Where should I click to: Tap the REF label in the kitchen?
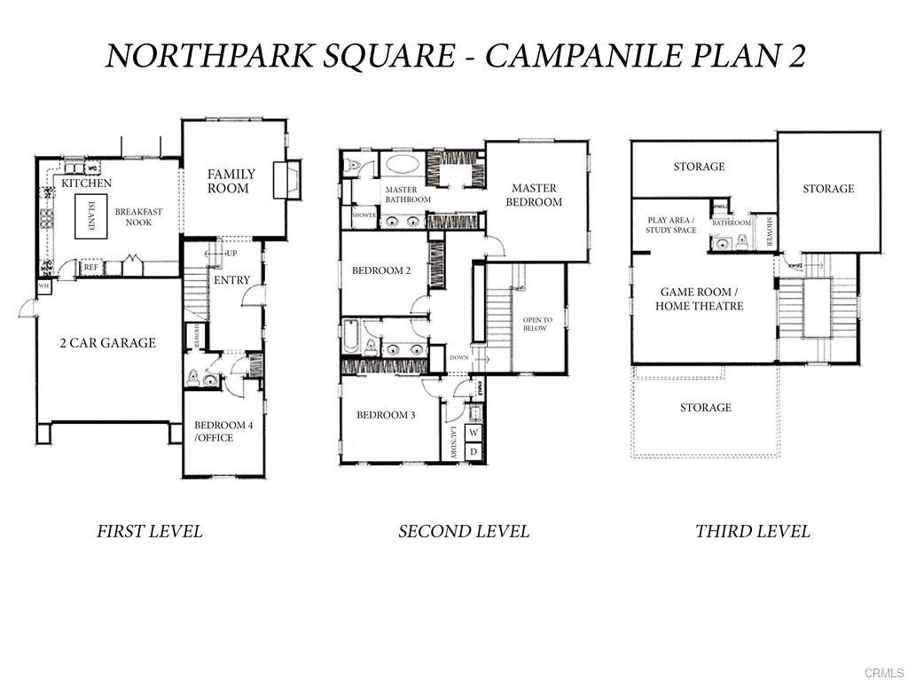click(x=90, y=267)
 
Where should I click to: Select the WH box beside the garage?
click(x=43, y=286)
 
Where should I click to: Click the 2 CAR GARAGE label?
click(x=107, y=343)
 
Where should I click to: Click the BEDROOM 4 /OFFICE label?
click(x=223, y=431)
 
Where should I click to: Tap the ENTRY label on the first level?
click(x=231, y=280)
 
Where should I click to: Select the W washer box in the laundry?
click(x=474, y=433)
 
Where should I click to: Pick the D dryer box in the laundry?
click(x=474, y=451)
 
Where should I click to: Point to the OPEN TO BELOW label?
click(x=537, y=324)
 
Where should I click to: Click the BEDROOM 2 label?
click(x=381, y=271)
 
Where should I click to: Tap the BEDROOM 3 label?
click(x=386, y=415)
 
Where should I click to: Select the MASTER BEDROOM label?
click(x=534, y=195)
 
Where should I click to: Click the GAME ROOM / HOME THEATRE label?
click(x=699, y=299)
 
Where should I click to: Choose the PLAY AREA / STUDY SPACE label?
click(x=670, y=224)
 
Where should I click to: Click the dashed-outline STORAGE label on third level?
click(x=706, y=408)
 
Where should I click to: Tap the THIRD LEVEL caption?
click(x=752, y=532)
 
